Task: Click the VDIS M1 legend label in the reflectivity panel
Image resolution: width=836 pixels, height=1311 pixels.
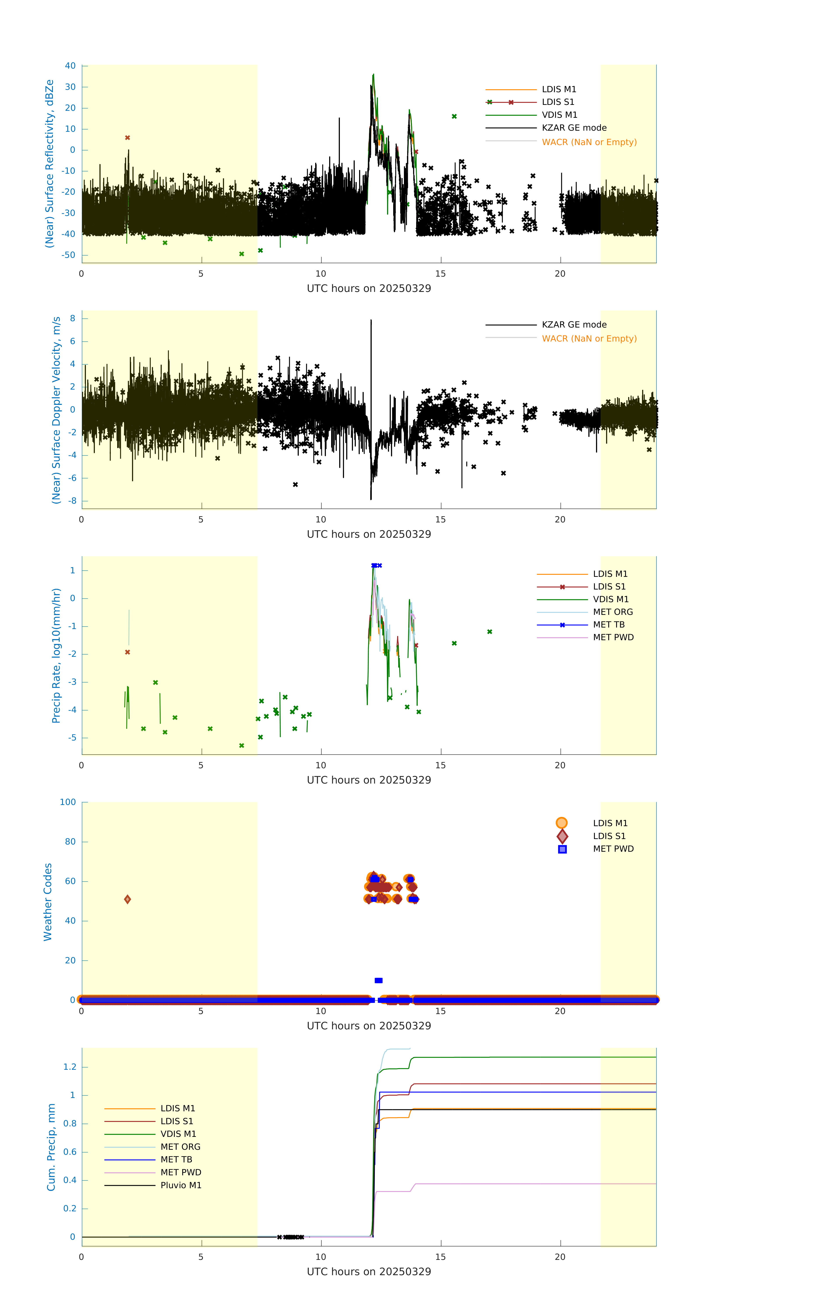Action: [x=559, y=115]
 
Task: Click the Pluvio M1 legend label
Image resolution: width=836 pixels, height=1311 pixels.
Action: [x=181, y=1185]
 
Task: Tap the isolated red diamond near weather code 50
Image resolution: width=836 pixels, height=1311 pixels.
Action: [x=127, y=899]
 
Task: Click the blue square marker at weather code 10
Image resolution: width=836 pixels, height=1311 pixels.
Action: [x=379, y=981]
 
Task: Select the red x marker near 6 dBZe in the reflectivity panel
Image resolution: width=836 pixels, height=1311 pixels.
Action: [x=127, y=138]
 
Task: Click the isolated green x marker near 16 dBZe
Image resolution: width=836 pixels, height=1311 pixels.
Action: [x=454, y=116]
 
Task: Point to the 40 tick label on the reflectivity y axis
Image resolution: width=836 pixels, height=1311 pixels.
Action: [x=70, y=66]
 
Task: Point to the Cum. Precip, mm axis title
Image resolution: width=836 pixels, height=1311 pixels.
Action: [x=51, y=1147]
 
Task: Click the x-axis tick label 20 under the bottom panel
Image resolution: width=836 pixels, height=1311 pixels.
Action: [x=560, y=1257]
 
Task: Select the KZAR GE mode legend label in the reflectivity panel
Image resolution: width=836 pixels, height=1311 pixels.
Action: [x=574, y=128]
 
